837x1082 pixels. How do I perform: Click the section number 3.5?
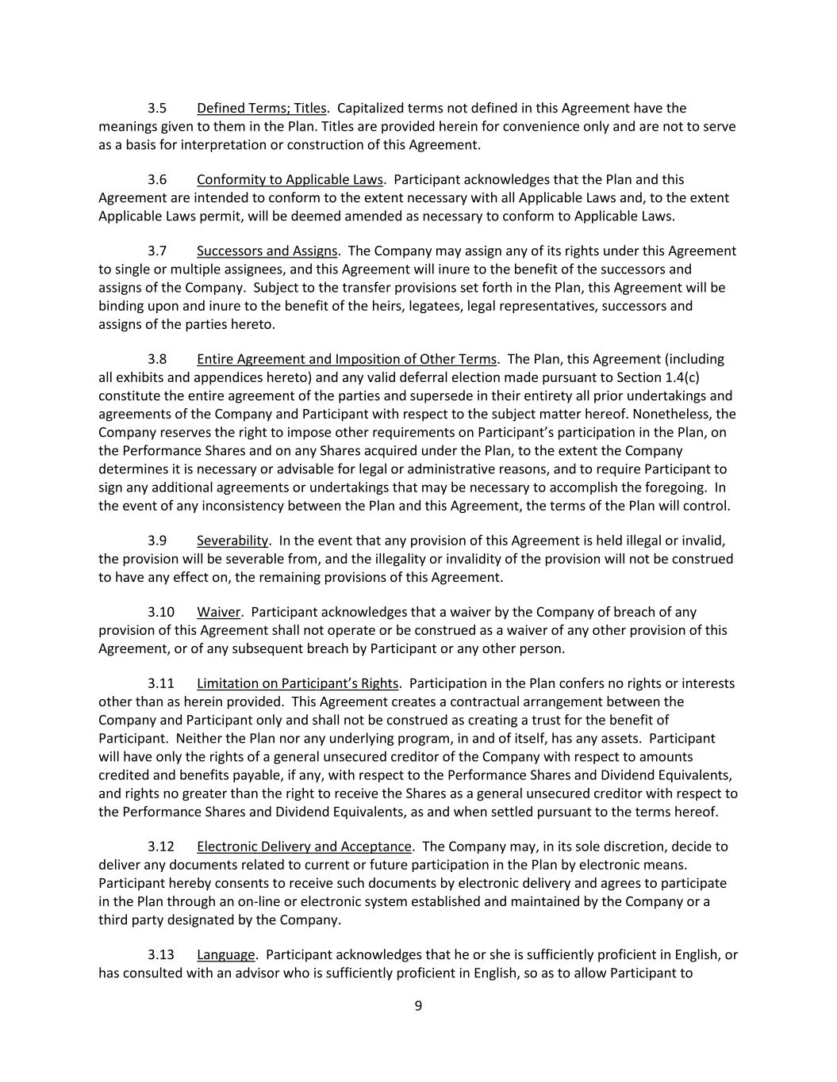pos(157,108)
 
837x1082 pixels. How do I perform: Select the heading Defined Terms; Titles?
pos(261,108)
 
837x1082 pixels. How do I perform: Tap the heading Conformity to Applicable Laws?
pos(290,179)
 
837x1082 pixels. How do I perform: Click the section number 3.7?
pos(157,250)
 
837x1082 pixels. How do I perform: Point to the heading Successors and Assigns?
pos(267,250)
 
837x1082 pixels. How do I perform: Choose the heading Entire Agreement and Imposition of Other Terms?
pos(346,359)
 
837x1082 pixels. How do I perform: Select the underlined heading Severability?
pos(232,541)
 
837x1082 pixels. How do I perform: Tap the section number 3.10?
pos(161,612)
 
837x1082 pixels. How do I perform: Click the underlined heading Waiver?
pos(218,612)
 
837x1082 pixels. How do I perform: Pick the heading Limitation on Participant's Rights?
pos(298,683)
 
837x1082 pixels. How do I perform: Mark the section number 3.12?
pos(161,847)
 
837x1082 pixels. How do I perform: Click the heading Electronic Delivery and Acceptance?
pos(304,847)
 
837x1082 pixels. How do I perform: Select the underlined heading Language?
pos(226,954)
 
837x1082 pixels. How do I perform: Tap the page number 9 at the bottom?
pos(418,1006)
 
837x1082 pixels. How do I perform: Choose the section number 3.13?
pos(161,954)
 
